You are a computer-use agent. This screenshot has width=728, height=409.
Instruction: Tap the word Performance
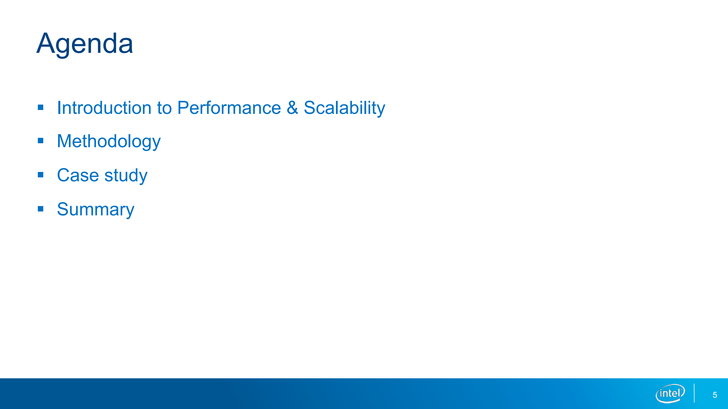229,108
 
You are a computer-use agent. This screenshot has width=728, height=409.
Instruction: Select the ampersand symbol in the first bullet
292,108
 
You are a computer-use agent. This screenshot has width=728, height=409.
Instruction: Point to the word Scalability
345,108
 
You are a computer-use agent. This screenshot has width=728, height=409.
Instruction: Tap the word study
126,176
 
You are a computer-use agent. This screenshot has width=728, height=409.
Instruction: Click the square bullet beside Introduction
40,107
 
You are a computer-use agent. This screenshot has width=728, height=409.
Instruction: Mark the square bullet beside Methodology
40,141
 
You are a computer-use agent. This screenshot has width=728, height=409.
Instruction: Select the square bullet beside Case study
40,175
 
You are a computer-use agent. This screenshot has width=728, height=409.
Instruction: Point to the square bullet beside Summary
40,209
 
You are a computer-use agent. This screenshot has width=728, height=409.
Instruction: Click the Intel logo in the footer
670,393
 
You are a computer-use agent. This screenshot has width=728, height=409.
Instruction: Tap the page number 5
715,395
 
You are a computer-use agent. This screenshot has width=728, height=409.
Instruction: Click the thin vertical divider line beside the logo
694,393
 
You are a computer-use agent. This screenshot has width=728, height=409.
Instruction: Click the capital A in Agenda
46,43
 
